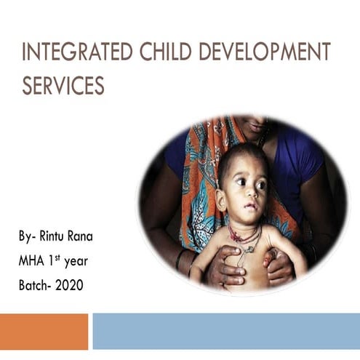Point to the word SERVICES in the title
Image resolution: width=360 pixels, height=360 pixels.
click(63, 86)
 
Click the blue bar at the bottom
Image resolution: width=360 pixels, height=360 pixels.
click(226, 331)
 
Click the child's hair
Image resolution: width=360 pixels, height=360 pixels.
click(240, 154)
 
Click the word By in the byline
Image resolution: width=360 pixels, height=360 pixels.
click(27, 238)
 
